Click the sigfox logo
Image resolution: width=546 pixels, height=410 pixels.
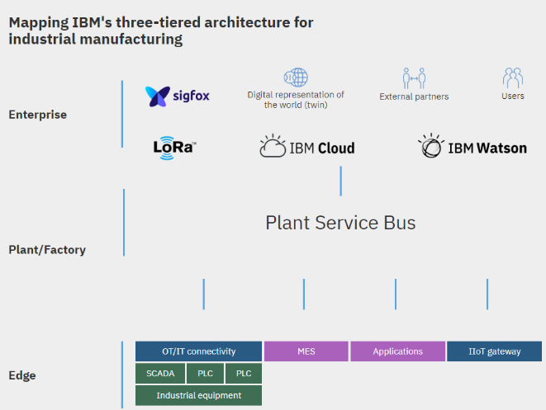[x=178, y=96]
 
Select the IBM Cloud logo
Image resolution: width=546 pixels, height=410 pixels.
[x=307, y=147]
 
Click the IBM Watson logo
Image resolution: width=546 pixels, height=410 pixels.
[x=472, y=147]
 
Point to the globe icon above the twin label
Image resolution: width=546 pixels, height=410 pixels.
[x=295, y=79]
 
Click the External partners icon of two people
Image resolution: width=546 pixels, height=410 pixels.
[x=414, y=79]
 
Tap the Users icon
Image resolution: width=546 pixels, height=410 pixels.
[x=513, y=78]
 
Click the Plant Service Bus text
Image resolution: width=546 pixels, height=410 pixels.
[x=340, y=223]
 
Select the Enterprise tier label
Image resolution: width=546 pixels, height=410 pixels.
[x=37, y=115]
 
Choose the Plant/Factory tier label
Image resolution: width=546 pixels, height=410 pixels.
[x=47, y=249]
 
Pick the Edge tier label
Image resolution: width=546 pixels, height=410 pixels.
[x=22, y=375]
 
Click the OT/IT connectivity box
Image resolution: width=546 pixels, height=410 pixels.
[x=198, y=351]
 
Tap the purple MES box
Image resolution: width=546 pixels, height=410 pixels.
[x=306, y=351]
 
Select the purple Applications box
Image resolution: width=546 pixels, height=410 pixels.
[x=397, y=351]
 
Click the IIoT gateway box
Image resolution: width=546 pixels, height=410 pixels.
[x=494, y=351]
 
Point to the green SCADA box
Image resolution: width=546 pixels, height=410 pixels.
[x=160, y=374]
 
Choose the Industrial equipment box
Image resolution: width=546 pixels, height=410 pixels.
[x=198, y=395]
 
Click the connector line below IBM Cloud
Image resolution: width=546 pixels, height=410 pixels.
[x=340, y=181]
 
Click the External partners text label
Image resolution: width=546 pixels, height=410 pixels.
[x=414, y=97]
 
